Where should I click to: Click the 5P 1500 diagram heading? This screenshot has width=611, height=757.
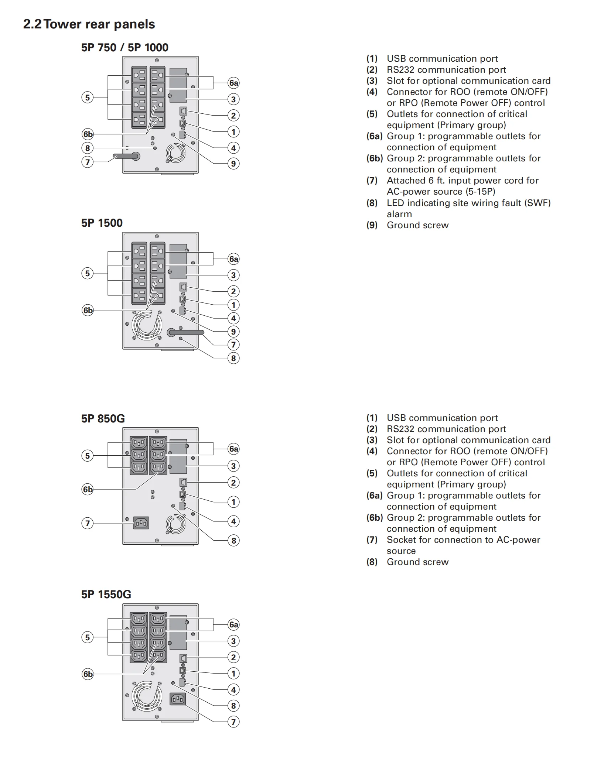tap(102, 223)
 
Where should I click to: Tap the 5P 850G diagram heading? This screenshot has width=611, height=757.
tap(103, 418)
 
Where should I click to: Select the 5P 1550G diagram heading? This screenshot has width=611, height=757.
tap(106, 594)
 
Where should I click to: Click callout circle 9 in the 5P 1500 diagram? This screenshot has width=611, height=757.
tap(233, 332)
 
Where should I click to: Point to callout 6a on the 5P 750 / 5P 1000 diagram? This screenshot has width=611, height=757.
tap(233, 83)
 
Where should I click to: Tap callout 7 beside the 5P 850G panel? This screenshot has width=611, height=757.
tap(88, 523)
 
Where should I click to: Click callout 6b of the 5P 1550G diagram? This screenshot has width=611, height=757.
tap(88, 674)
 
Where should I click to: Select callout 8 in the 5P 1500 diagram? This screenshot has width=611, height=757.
tap(233, 358)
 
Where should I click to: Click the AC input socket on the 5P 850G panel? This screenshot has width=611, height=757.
tap(141, 523)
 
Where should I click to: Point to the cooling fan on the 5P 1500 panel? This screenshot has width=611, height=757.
tap(147, 325)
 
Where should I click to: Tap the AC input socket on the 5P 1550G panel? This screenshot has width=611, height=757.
tap(178, 699)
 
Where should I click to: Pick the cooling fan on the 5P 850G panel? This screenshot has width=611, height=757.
tap(175, 524)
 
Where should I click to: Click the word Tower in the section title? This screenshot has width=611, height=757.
tap(62, 24)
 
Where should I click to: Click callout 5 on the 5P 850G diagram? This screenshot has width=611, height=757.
tap(88, 456)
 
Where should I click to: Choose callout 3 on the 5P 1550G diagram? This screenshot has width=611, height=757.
tap(233, 641)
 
